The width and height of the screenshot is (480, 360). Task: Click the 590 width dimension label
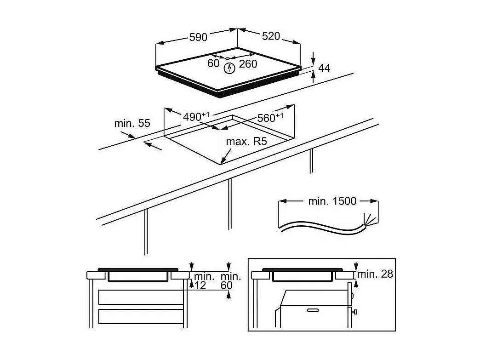point(198,37)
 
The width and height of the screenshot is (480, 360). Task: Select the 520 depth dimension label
point(271,36)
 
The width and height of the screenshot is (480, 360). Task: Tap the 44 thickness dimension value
point(324,68)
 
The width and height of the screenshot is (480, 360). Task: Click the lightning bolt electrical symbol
point(229,68)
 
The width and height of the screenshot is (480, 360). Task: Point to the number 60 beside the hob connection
point(213,63)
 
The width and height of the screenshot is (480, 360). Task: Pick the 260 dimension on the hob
point(248,64)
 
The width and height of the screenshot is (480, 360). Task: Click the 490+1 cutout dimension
point(196,116)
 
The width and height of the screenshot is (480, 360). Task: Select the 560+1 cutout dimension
point(270,118)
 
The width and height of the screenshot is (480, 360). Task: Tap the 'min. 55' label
point(132,123)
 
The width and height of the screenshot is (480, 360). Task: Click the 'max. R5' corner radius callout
point(246,142)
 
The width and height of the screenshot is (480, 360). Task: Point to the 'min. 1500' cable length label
point(332,201)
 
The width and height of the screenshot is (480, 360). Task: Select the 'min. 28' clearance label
point(375,274)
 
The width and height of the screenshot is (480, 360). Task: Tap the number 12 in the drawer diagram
point(200,286)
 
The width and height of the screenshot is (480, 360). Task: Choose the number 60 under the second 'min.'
point(227,286)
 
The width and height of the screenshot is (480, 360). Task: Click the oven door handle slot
point(313,310)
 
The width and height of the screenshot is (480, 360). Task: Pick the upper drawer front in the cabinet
point(141,297)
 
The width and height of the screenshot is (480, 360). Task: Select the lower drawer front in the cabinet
point(141,316)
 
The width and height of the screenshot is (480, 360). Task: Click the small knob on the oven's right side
point(354,312)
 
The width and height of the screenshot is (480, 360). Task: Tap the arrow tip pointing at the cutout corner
point(221,164)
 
